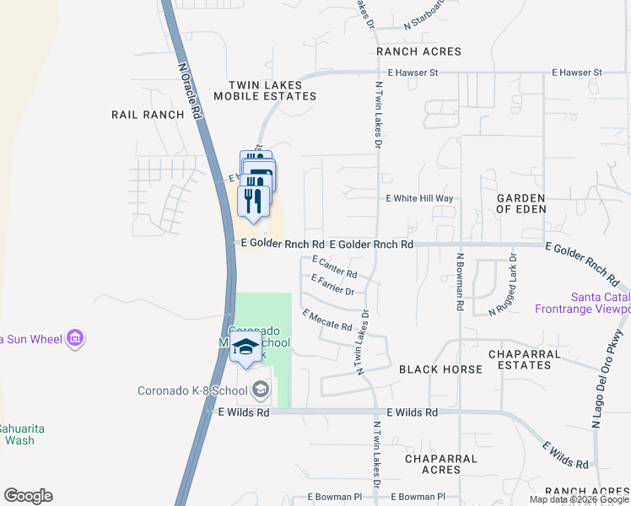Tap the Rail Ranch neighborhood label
tap(148, 115)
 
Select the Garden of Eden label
tap(520, 203)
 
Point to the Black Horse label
tap(440, 369)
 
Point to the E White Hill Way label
tap(419, 199)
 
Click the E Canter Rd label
tap(334, 268)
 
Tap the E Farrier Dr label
tap(332, 285)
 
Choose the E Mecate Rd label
tap(326, 320)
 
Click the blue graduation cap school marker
tap(245, 347)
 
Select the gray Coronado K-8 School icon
tap(261, 390)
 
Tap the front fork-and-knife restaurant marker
tap(252, 201)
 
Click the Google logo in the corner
tap(28, 496)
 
